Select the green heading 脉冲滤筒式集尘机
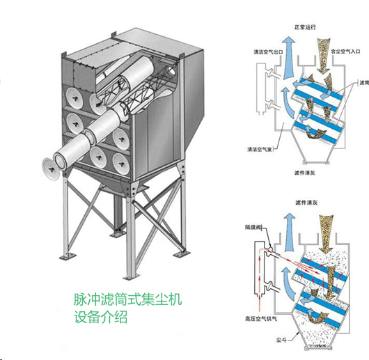coord(127,300)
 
